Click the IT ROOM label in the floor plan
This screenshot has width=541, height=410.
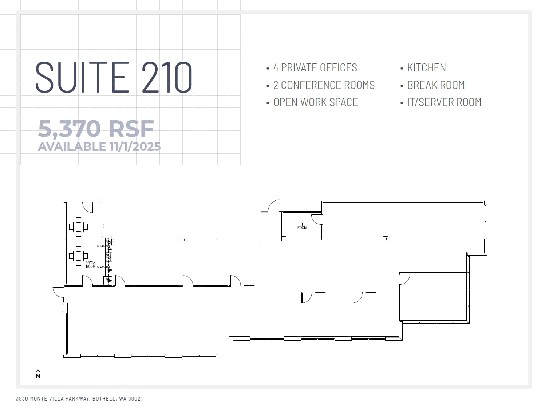[302, 226]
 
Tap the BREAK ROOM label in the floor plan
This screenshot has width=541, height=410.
[91, 265]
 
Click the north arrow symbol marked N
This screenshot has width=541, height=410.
[38, 374]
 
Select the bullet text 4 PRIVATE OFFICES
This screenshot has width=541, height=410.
[315, 68]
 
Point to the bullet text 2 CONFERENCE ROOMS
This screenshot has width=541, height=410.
[324, 85]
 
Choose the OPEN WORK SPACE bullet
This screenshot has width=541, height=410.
[315, 102]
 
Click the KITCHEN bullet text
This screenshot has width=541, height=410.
[426, 68]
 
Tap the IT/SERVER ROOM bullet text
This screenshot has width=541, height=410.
[444, 102]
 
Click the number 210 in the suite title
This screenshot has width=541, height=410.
[167, 78]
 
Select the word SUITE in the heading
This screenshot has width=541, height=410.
[82, 78]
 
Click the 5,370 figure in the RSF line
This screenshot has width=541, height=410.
[69, 129]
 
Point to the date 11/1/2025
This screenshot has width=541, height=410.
[135, 147]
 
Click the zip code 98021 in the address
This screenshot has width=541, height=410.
[136, 399]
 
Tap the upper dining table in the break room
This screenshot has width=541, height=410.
[79, 226]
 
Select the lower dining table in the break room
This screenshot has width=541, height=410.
[79, 255]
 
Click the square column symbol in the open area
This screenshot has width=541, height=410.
[386, 239]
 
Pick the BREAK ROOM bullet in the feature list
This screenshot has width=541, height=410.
[436, 85]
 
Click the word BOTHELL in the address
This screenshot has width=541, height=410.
[104, 399]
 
